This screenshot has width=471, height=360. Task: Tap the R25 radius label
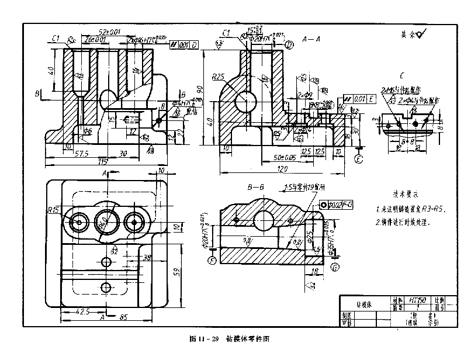pos(219,77)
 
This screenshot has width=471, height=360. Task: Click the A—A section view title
pos(311,39)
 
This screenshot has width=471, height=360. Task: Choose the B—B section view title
pos(256,188)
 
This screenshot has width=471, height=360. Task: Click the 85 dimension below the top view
pos(124,319)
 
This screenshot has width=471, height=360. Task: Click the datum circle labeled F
pos(212,259)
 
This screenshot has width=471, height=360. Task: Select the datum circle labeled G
pos(335,268)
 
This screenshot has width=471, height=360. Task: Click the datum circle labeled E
pos(359,158)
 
